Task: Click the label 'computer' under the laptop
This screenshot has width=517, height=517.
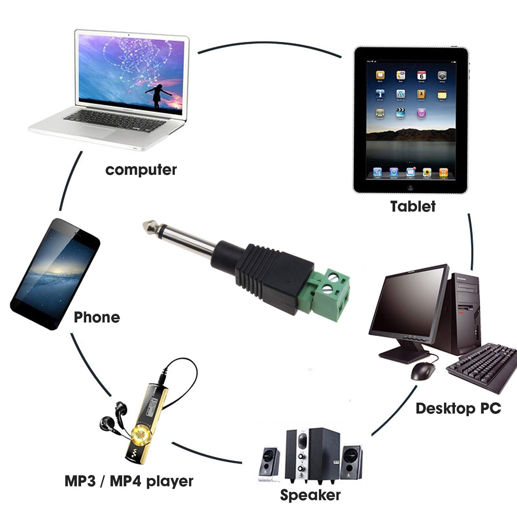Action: (141, 170)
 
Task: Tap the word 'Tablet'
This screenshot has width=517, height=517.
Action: (413, 206)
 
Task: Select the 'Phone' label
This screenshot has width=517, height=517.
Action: (97, 317)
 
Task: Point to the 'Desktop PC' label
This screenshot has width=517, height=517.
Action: (458, 408)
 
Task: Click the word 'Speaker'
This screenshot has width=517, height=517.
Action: (310, 495)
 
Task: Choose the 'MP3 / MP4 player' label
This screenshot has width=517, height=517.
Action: (129, 481)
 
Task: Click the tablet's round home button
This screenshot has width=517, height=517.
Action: (410, 187)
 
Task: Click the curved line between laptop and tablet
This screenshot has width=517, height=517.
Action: (270, 42)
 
